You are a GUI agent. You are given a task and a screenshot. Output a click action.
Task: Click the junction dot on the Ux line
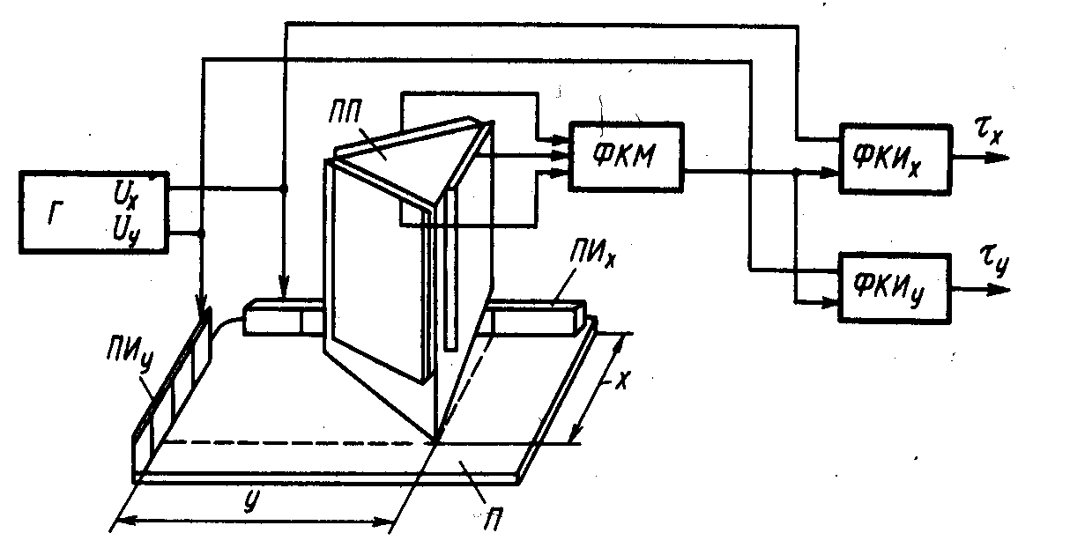coord(284,188)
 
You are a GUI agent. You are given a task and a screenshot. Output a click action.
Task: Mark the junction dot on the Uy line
coord(203,233)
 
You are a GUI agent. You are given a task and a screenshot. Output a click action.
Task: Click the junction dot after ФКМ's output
coord(797,173)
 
